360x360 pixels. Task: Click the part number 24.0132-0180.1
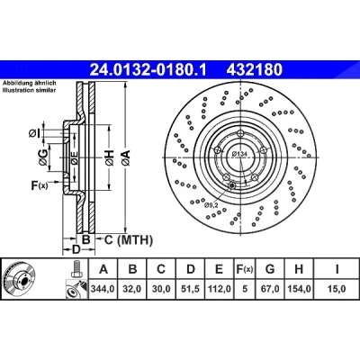tap(148, 70)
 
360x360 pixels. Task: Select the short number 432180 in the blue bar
tap(255, 70)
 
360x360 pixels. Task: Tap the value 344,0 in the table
tap(103, 289)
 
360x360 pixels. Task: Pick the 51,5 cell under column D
tap(191, 289)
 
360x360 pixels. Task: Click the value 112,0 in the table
tap(220, 289)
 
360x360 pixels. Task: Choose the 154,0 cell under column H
tap(299, 289)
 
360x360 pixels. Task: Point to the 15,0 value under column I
tap(337, 289)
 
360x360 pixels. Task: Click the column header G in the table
tap(270, 269)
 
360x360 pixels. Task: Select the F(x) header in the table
tap(245, 269)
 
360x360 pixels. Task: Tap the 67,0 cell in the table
tap(270, 289)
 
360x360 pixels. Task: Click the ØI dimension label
tap(34, 133)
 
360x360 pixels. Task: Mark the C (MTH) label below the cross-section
tap(129, 239)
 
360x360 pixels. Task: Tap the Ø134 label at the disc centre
tap(239, 154)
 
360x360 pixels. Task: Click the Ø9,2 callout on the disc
tap(210, 205)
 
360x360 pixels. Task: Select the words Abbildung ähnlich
tap(30, 83)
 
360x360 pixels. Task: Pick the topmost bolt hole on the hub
tap(240, 134)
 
